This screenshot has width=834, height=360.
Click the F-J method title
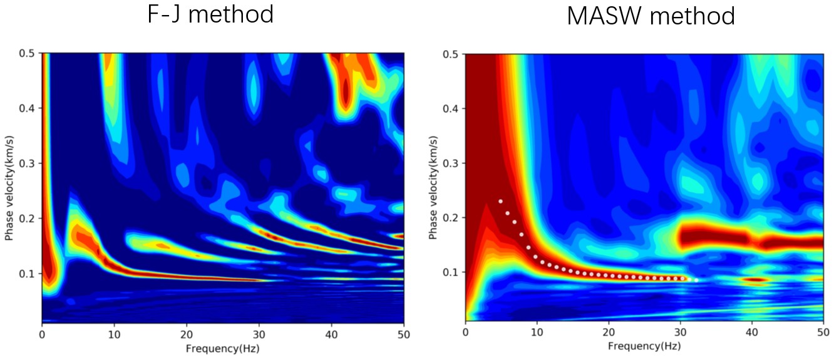pos(210,14)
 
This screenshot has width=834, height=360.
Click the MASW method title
pos(651,16)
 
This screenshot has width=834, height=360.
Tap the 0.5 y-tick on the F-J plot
pos(28,53)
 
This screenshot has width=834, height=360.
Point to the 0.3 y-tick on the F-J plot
pos(28,163)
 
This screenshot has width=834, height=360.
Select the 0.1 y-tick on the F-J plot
pos(28,274)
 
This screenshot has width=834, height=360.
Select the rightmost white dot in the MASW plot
pos(696,280)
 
